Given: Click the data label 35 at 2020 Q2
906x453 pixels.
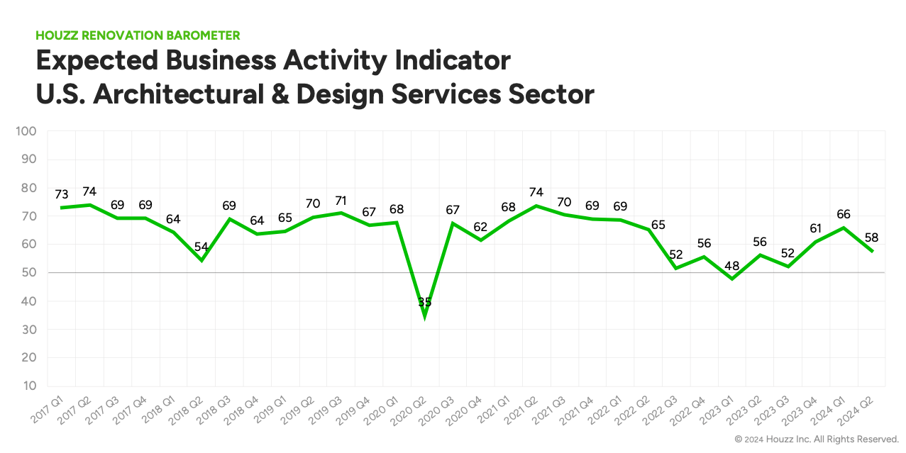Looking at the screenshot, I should tap(424, 302).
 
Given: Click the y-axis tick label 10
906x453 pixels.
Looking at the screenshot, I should tap(30, 386).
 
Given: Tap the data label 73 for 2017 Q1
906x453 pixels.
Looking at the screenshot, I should tap(62, 194).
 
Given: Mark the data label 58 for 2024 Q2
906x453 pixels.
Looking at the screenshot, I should tap(871, 237).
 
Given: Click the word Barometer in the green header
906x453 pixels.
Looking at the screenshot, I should tap(201, 35).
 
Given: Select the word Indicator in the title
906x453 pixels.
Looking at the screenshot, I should tap(440, 60).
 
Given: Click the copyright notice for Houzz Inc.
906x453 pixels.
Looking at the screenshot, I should tap(817, 439).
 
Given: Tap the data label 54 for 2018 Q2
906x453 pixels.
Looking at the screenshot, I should tap(201, 247).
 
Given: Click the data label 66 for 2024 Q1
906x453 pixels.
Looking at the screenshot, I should tap(843, 214).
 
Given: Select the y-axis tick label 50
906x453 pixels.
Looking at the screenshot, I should tap(30, 273).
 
